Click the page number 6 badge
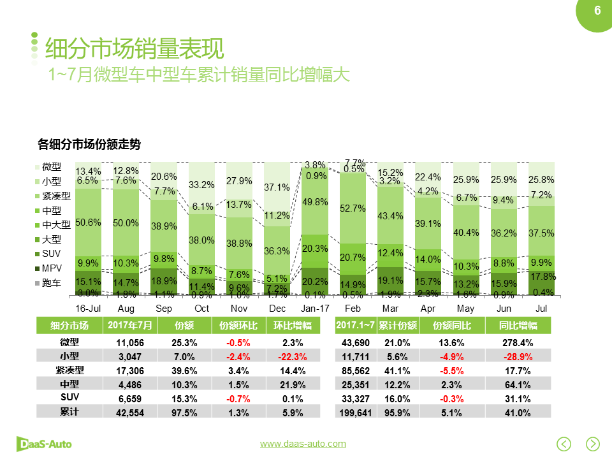pos(597,11)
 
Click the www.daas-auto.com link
pos(303,444)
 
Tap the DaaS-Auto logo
pos(44,443)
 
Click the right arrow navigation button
pos(593,443)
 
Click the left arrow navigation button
pos(564,443)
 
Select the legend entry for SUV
pos(51,254)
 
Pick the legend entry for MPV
pos(51,268)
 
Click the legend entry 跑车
pos(51,283)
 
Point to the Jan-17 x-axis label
pos(315,309)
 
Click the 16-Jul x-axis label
pos(88,309)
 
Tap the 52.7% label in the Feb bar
pos(353,208)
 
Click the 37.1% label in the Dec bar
pos(277,187)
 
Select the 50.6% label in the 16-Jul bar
pos(88,222)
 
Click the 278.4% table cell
pos(517,342)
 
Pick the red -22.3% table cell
pos(293,356)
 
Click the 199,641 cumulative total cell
pos(356,412)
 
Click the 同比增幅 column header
pos(517,326)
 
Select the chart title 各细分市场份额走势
pos(89,145)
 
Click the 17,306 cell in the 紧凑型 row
pos(129,370)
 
